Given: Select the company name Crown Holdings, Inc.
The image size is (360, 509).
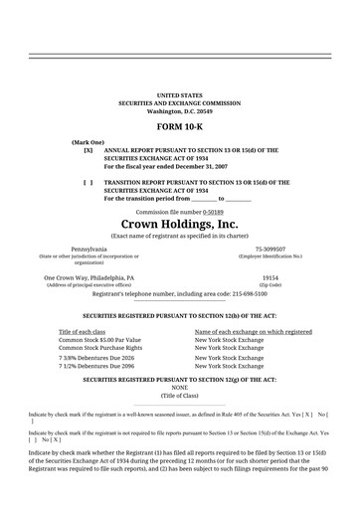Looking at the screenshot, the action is click(180, 225).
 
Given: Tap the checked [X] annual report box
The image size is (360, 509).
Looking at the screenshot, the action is click(89, 150).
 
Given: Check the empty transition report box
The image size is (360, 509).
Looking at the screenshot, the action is click(89, 183).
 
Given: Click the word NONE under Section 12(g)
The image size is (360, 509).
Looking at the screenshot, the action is click(180, 387).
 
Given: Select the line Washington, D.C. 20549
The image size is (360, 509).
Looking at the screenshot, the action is click(180, 110).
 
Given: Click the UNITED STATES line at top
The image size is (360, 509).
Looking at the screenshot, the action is click(180, 94).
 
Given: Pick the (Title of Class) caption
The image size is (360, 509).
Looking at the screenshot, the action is click(180, 395).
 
